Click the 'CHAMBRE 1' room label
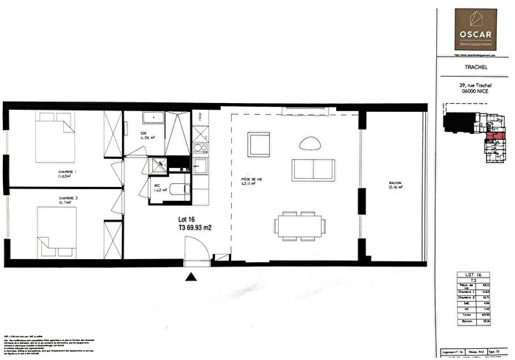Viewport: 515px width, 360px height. click(68, 174)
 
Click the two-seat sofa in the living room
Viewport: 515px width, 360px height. click(313, 169)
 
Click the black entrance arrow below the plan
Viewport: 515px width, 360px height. click(191, 276)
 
